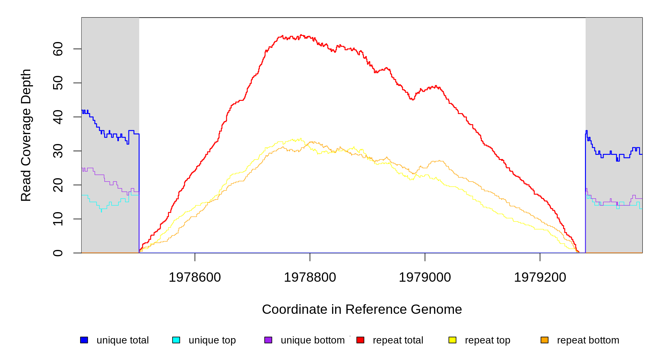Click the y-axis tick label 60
click(58, 49)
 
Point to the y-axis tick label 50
click(58, 83)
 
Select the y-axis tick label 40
click(58, 117)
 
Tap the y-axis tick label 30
click(58, 151)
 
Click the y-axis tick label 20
click(58, 185)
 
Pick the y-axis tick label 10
click(58, 219)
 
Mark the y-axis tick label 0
click(58, 253)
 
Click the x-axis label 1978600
click(195, 277)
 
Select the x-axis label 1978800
click(310, 277)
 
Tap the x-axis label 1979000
click(425, 277)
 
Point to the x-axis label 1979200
click(540, 277)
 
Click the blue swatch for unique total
click(84, 340)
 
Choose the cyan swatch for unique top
click(176, 340)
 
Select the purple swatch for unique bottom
click(268, 340)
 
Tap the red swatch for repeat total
click(360, 340)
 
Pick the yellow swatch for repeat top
click(452, 340)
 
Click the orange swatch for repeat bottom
click(544, 340)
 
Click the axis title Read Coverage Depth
click(26, 135)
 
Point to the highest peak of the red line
click(301, 35)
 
